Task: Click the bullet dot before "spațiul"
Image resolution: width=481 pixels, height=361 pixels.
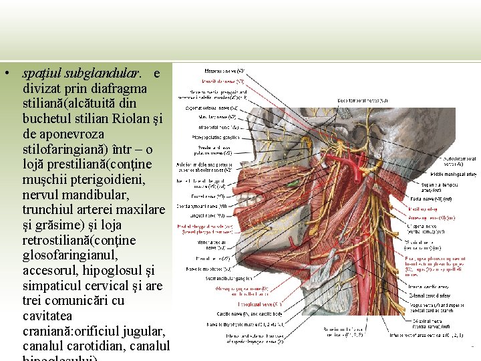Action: tap(5, 72)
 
